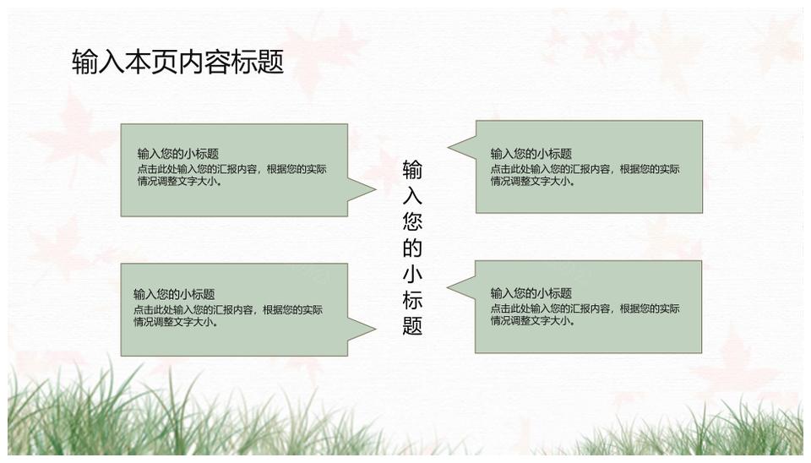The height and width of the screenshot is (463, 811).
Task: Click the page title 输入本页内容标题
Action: coord(178,62)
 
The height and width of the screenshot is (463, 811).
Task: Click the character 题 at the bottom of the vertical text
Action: coord(412,325)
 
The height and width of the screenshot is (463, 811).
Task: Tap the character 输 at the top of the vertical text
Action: coord(412,170)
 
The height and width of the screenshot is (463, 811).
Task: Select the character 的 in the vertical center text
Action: coord(412,248)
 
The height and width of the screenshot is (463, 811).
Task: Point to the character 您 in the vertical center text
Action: coord(412,222)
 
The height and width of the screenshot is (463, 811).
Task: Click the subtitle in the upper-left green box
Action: coord(178,154)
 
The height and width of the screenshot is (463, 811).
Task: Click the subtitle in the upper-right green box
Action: coord(531,154)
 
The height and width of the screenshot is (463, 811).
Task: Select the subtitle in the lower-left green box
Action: coord(174,294)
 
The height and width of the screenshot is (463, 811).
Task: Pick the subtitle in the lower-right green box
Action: coord(531,293)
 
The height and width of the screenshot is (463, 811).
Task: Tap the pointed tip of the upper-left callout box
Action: coord(376,189)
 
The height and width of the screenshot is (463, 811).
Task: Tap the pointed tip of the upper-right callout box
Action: coord(448,147)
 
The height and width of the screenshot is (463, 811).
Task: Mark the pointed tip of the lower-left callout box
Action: coord(376,329)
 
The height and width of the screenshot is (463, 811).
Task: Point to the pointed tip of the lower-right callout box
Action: coord(448,287)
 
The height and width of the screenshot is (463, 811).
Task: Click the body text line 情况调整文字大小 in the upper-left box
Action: coord(180,182)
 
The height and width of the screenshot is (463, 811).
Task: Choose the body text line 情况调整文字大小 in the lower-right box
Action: coord(533,321)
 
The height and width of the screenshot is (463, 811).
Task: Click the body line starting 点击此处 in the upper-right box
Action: coord(585,169)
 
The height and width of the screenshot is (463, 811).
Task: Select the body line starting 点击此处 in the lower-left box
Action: coord(228,310)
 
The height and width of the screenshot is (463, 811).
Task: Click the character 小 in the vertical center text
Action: coord(412,274)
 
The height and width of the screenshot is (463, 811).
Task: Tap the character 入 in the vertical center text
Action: coord(412,195)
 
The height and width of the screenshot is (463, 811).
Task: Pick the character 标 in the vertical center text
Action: coord(412,300)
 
